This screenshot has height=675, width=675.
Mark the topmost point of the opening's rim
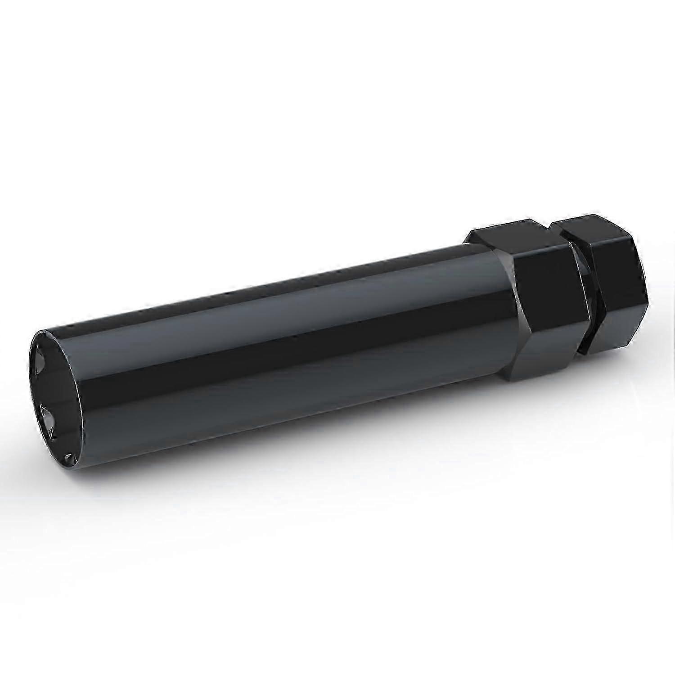(43, 331)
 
